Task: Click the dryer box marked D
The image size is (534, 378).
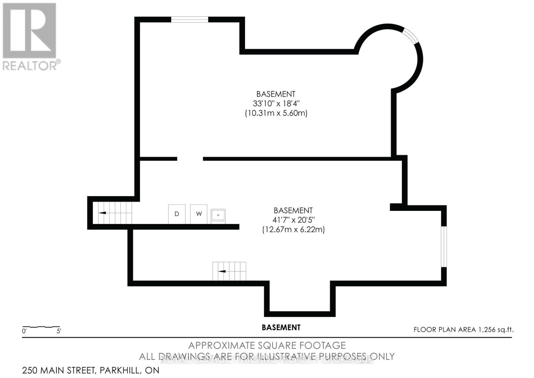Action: pos(177,214)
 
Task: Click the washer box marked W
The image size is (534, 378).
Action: pos(199,214)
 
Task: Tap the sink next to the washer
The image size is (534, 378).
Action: pos(218,216)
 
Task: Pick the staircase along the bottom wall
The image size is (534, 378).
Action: pos(229,271)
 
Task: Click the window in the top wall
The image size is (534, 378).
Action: pos(190,19)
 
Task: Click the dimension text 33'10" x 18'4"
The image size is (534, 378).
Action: pos(276,104)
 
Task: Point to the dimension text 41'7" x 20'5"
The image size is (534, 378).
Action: pos(293,220)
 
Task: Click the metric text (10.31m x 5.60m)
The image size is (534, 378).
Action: pos(276,113)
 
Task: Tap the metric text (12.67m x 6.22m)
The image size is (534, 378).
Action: pos(293,230)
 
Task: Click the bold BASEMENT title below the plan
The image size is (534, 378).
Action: pos(281,328)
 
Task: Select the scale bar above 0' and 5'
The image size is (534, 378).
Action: pos(41,326)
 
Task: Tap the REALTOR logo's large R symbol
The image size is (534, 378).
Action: pos(29,30)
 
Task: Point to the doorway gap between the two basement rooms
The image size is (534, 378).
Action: pos(190,159)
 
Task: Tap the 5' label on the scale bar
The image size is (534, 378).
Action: pos(59,331)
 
